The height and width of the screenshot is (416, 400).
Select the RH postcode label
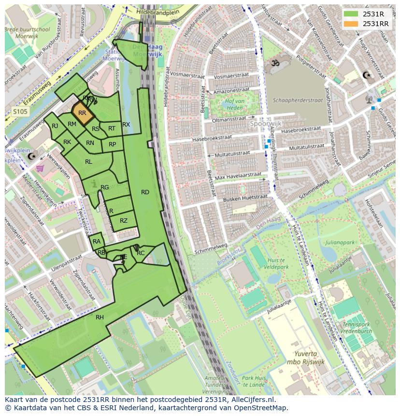pos(100,317)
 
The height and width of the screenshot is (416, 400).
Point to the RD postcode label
pos(145,192)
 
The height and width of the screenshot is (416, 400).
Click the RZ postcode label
pos(124,221)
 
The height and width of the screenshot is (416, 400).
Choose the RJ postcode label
pos(55,126)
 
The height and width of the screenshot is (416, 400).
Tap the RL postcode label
pos(88,162)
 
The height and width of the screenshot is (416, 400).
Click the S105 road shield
pos(20,112)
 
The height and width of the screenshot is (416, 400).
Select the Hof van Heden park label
pos(234,104)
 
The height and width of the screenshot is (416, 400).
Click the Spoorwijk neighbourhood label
pos(265,124)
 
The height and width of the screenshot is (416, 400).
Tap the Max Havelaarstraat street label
pos(238,176)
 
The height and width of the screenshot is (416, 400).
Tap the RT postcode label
pos(112,129)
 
